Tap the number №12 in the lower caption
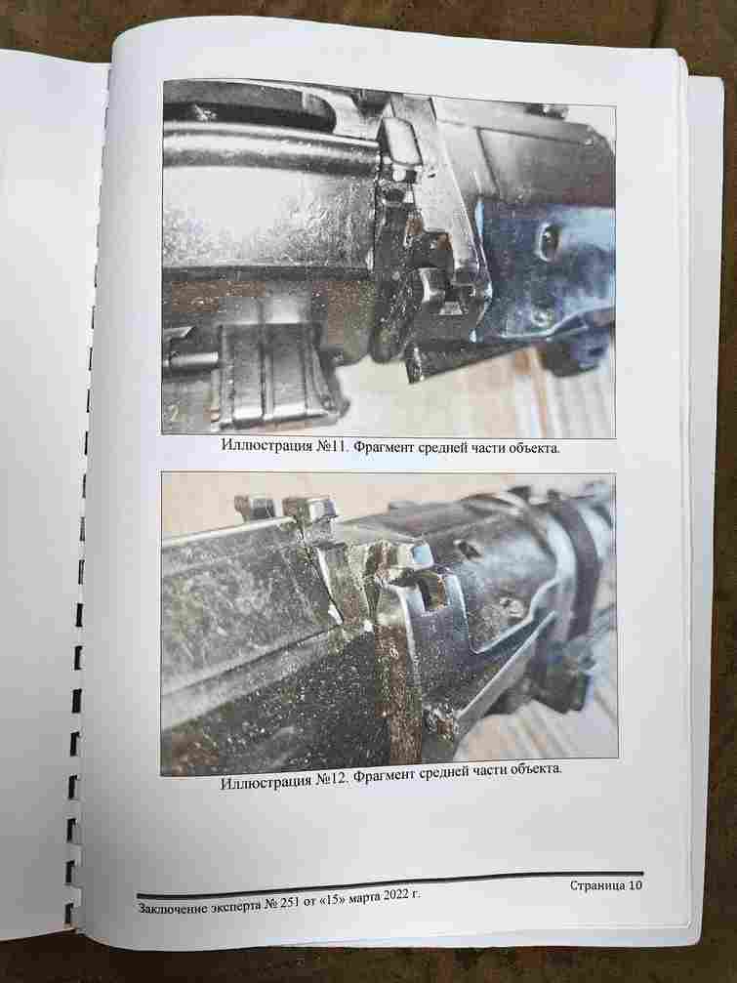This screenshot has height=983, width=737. [331, 779]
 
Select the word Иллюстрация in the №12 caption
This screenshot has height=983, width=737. [266, 782]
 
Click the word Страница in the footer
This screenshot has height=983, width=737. [597, 885]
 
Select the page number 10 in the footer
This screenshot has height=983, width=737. [635, 885]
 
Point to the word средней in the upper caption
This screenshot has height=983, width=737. [437, 448]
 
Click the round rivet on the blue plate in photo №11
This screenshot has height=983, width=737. [549, 239]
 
